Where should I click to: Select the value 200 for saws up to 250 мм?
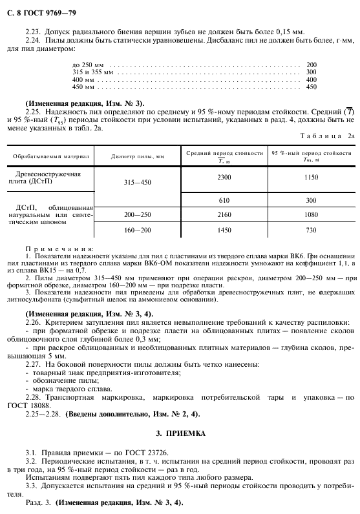point(312,65)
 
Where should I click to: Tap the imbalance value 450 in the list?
point(312,87)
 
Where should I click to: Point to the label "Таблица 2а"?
point(324,136)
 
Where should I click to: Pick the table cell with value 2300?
point(224,177)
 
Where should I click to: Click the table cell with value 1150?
point(311,177)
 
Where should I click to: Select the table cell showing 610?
point(224,200)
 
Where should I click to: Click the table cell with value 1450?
point(224,230)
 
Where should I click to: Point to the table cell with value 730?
point(311,230)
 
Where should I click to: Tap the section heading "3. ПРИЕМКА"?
point(180,434)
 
